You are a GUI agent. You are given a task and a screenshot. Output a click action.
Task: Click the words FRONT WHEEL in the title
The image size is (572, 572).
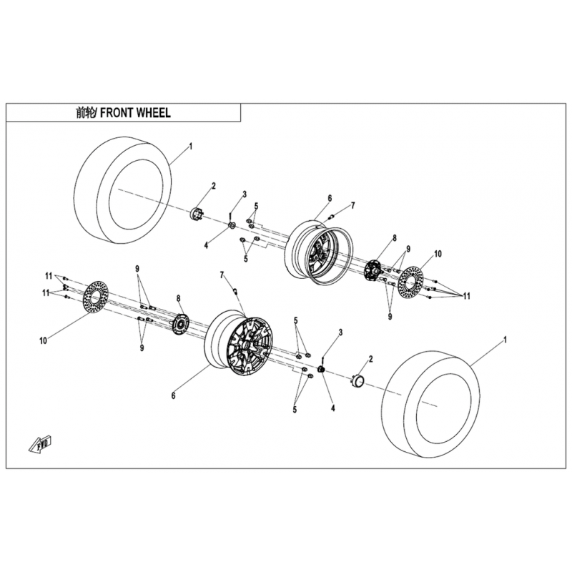(135, 113)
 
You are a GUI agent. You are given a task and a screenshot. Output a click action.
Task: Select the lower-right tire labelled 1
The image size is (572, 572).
(432, 404)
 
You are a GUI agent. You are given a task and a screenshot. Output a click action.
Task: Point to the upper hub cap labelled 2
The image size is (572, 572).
(197, 213)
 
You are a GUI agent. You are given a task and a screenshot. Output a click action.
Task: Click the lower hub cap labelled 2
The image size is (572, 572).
(358, 381)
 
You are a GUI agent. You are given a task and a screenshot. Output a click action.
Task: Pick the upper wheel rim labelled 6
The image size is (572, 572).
(318, 252)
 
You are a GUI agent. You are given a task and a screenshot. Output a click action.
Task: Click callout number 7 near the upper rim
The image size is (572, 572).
(352, 206)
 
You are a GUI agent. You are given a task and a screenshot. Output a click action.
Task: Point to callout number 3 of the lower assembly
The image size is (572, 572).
(340, 332)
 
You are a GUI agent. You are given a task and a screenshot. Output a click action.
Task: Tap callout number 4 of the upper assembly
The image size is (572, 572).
(206, 245)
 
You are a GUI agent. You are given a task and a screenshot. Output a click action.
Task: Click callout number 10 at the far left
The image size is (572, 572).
(43, 341)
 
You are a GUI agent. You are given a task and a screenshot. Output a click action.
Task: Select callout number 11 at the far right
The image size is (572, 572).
(467, 296)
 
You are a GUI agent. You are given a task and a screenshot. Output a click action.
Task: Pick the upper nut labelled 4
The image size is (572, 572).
(232, 226)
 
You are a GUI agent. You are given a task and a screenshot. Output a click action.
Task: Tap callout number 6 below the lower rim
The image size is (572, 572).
(173, 395)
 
